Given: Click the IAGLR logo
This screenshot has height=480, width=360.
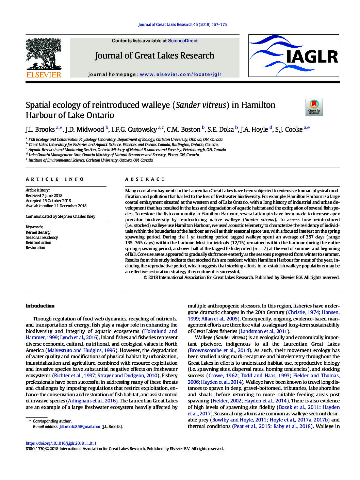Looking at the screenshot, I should point(294,55).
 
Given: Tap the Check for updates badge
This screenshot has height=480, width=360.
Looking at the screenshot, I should point(314,107).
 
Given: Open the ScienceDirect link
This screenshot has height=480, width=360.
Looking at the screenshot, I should point(183,40).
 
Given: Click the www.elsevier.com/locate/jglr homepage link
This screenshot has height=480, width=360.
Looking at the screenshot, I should point(180,74).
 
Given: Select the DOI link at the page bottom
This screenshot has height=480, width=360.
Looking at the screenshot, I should point(61,443).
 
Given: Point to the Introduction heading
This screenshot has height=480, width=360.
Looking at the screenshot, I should point(40,306).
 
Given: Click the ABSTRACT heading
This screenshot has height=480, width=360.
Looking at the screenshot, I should point(145,179).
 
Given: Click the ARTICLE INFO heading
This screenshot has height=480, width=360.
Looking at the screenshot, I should point(55,179).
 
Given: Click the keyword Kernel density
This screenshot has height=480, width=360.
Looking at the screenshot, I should point(38,232).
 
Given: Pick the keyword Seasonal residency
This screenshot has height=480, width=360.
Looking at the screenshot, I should point(42,237).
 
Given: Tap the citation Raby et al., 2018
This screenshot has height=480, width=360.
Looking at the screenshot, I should point(292,426).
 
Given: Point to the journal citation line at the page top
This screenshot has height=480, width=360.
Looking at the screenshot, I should point(182,24).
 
